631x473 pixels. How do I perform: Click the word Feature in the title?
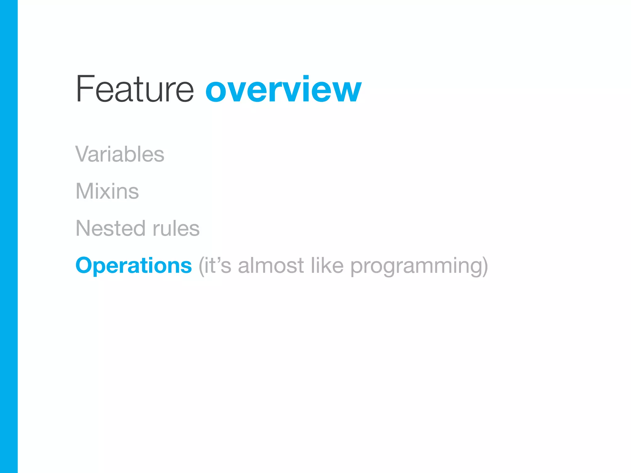(135, 89)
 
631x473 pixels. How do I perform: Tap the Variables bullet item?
(120, 154)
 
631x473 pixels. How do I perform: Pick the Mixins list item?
(107, 191)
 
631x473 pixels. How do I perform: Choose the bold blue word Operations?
(134, 265)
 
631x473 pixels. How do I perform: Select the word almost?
(271, 265)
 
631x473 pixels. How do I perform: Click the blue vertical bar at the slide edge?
(9, 236)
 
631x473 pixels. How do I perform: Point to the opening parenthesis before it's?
(201, 266)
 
